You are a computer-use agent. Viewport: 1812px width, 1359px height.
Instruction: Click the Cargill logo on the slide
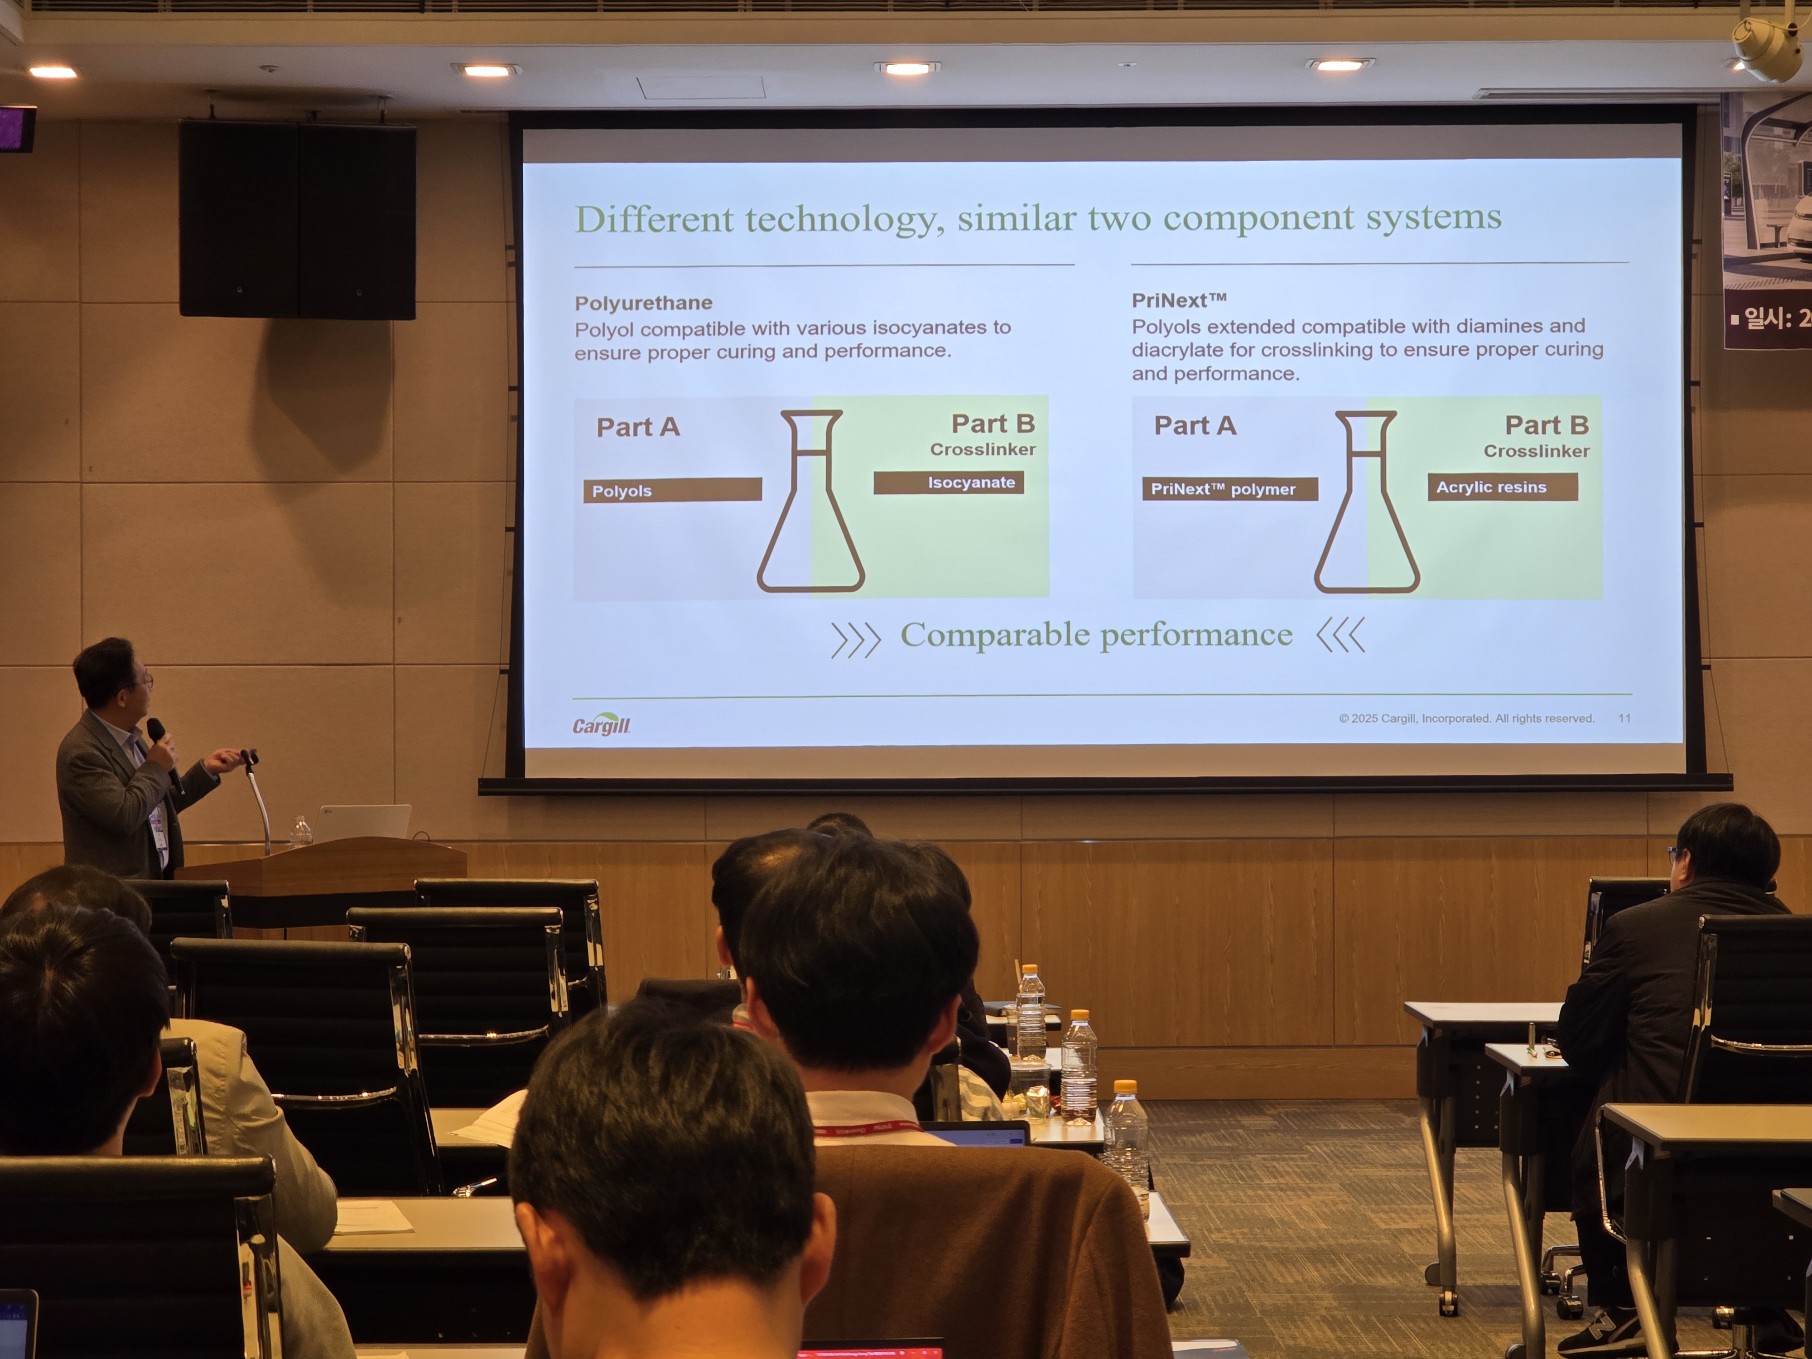tap(601, 724)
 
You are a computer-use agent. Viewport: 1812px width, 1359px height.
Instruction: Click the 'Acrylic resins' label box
tap(1502, 487)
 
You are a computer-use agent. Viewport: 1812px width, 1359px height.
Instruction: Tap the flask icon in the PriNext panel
tap(1366, 501)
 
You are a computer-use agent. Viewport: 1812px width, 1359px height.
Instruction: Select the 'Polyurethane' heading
tap(643, 303)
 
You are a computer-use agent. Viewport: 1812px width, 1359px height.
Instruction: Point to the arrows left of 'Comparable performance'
tap(855, 640)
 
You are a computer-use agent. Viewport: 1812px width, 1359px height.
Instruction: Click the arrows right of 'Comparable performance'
tap(1341, 635)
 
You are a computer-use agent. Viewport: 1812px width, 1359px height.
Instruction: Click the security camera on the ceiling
tap(1769, 45)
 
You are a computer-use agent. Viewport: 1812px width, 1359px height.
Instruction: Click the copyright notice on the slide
tap(1466, 718)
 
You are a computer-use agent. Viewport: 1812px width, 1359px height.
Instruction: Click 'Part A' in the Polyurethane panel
tap(638, 427)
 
